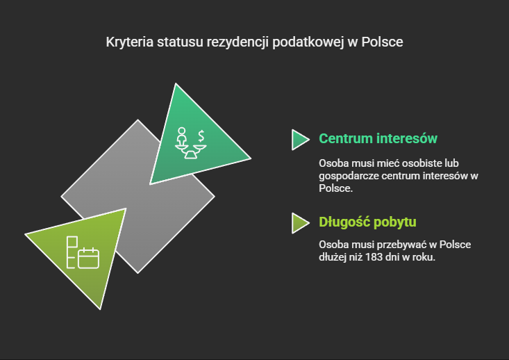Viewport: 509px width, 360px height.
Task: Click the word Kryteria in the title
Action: (127, 42)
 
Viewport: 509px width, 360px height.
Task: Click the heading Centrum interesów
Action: (378, 138)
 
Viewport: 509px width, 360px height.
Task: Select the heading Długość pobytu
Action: (367, 222)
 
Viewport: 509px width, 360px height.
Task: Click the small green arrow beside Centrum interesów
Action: (300, 139)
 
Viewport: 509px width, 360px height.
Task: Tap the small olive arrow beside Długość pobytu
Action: (300, 222)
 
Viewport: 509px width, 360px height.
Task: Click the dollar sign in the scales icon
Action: (201, 135)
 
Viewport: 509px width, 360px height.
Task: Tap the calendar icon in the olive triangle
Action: (89, 258)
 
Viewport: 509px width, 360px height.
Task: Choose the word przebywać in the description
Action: (397, 245)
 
